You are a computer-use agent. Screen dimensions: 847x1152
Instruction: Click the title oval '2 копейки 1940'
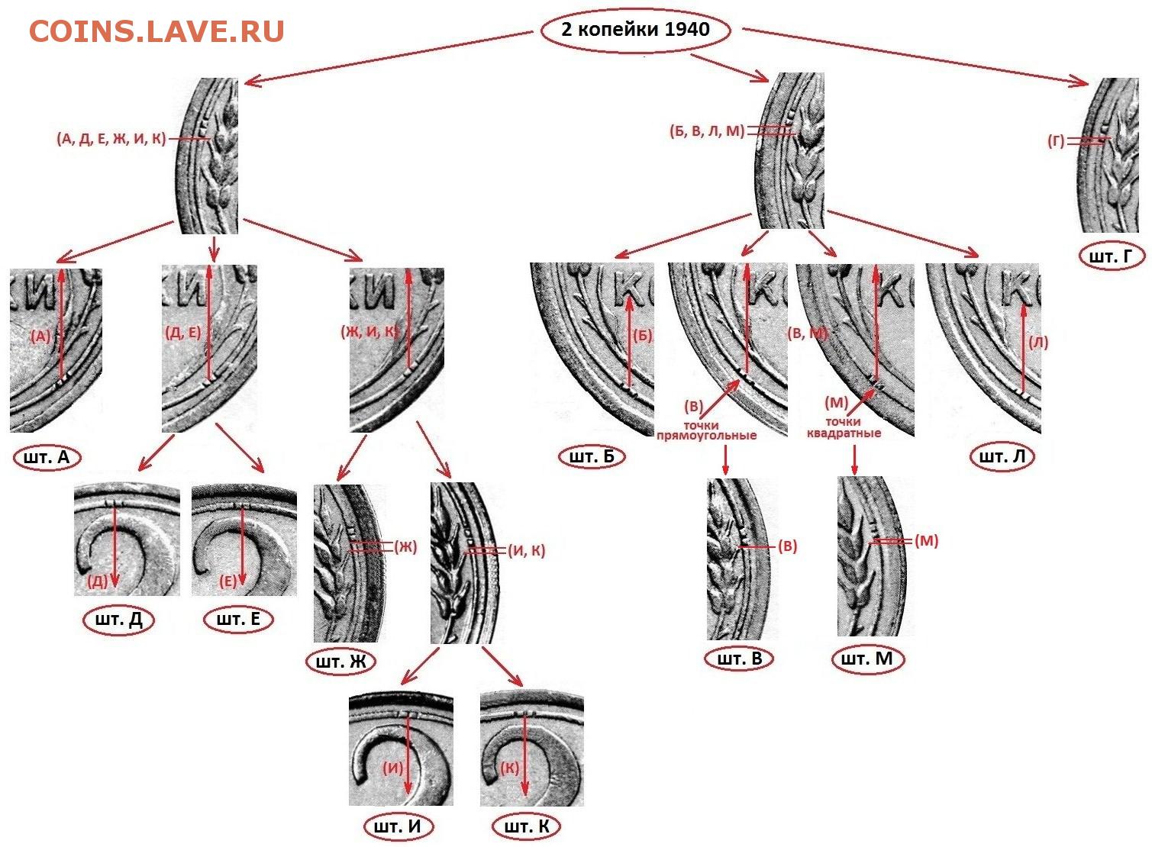click(x=635, y=31)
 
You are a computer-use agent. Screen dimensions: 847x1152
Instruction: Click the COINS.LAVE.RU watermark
click(x=157, y=31)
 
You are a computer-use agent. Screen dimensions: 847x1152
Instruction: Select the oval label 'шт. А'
click(x=47, y=458)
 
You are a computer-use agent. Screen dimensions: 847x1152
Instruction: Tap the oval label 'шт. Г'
click(x=1112, y=256)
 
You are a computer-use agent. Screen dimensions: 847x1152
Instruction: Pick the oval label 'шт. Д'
click(x=118, y=619)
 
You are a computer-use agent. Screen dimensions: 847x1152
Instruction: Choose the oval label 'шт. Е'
click(x=238, y=619)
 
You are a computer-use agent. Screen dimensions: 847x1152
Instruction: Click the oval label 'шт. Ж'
click(x=340, y=662)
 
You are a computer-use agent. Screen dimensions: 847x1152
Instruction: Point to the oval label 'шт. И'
click(x=399, y=827)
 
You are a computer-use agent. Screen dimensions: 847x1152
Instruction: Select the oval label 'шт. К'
click(x=527, y=827)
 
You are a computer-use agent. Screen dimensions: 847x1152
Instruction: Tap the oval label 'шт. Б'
click(x=592, y=457)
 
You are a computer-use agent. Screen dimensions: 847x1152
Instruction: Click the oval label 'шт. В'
click(x=740, y=659)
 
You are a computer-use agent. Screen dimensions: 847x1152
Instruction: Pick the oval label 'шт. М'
click(x=867, y=659)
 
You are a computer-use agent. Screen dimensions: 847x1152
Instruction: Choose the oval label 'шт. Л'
click(x=1002, y=457)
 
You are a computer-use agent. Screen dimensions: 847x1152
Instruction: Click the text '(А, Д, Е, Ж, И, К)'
click(x=111, y=139)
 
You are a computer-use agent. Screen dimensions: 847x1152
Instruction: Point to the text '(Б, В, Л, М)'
click(x=707, y=131)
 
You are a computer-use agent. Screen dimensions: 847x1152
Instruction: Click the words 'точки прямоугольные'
click(x=706, y=430)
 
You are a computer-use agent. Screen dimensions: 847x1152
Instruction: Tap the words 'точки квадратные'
click(x=844, y=427)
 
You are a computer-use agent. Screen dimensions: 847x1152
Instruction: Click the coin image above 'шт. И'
click(x=401, y=750)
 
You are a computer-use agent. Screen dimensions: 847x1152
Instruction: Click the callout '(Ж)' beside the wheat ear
click(x=405, y=546)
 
